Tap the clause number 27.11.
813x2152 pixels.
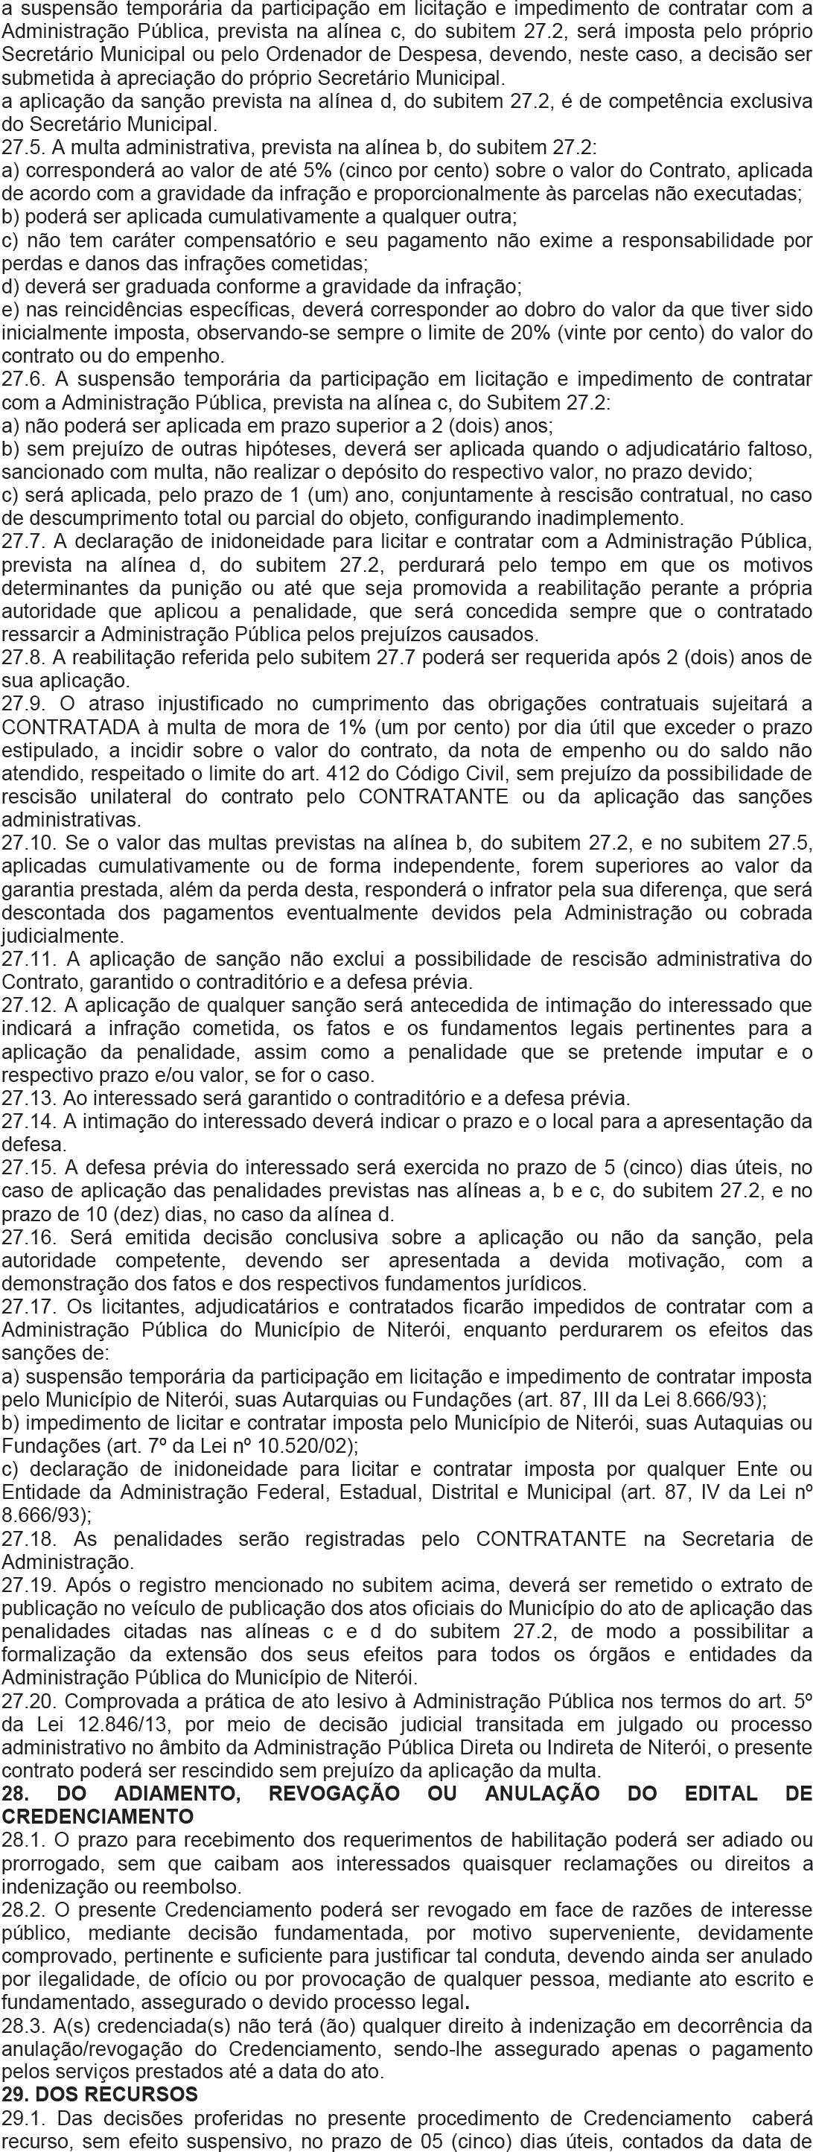(x=28, y=958)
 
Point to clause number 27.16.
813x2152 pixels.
(x=28, y=1235)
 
